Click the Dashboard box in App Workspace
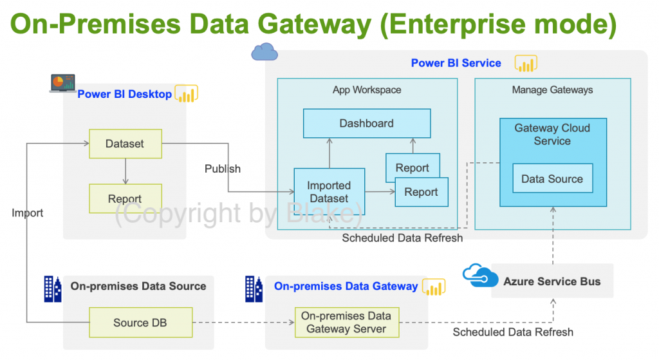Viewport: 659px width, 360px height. point(367,123)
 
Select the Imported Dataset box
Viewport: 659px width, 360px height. point(329,192)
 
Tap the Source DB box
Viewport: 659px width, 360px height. point(140,323)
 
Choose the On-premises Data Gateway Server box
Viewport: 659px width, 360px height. point(346,323)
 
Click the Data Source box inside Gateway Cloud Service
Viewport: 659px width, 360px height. point(552,179)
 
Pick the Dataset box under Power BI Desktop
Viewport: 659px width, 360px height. point(125,144)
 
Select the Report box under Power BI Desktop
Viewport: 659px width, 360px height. point(125,199)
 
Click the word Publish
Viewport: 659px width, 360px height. point(223,169)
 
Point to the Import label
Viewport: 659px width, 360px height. point(28,213)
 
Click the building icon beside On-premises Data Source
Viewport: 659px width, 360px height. point(52,289)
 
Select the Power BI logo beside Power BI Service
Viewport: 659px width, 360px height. point(526,64)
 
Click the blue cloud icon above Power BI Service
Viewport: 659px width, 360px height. point(265,52)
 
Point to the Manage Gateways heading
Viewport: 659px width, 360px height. point(552,90)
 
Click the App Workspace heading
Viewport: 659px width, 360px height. point(367,90)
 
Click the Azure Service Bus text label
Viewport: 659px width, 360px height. point(552,281)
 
